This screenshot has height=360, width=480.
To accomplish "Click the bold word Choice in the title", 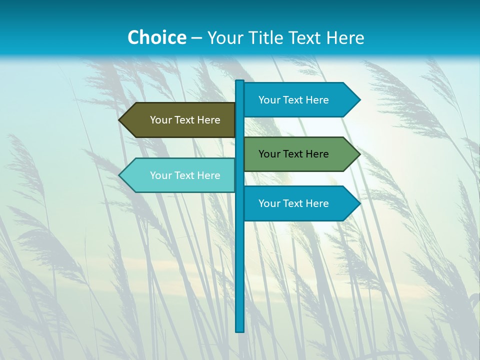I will [x=156, y=37].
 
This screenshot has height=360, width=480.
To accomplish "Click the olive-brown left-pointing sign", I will [x=180, y=120].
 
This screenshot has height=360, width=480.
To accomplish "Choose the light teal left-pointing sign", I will [x=180, y=175].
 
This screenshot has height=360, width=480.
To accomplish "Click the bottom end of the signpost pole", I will [x=240, y=329].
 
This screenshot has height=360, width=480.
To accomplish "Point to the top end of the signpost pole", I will [x=240, y=82].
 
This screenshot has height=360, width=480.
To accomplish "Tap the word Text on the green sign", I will [x=293, y=154].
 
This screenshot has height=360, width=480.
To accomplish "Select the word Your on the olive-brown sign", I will [x=161, y=120].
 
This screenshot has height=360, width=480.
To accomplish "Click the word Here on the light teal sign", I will [x=208, y=175].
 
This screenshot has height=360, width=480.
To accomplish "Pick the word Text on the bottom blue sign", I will [x=293, y=203].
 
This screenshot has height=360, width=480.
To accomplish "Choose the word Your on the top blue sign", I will [x=269, y=100].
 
